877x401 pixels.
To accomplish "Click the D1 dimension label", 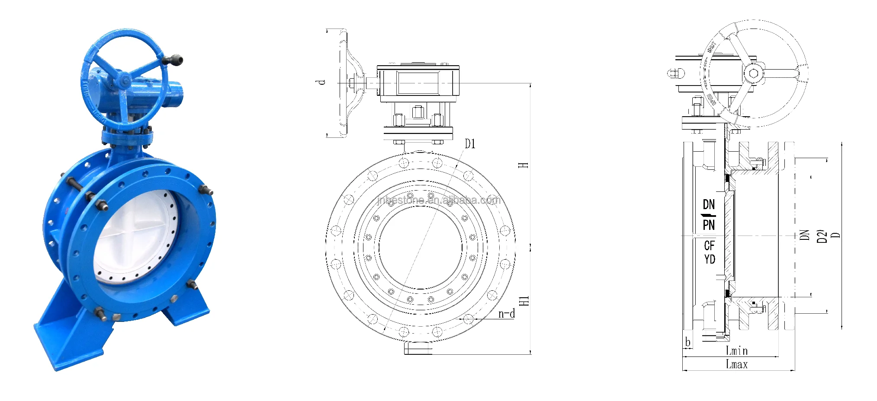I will coord(470,144).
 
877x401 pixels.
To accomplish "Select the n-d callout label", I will coord(506,314).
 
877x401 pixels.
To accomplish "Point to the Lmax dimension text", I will coord(736,365).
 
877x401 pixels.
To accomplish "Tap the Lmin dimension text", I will coord(736,351).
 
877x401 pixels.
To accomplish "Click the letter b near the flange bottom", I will coord(687,343).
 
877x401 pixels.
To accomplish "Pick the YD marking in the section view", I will coord(710,259).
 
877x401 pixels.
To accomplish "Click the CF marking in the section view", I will coord(709,245).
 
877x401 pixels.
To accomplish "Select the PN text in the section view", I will coord(709,225).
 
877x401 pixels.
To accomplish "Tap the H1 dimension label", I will coord(524,301).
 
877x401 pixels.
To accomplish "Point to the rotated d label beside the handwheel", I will coord(321,82).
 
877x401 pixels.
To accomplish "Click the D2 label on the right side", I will coord(821,236).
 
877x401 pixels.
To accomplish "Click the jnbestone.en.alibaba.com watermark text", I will coord(438,200).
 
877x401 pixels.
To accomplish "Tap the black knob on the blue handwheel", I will coord(176,59).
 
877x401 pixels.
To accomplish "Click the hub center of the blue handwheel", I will coord(125,80).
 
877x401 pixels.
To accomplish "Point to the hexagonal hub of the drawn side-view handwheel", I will coord(753,73).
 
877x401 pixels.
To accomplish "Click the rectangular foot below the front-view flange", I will coord(418,348).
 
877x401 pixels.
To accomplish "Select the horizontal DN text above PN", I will coord(709,204).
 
